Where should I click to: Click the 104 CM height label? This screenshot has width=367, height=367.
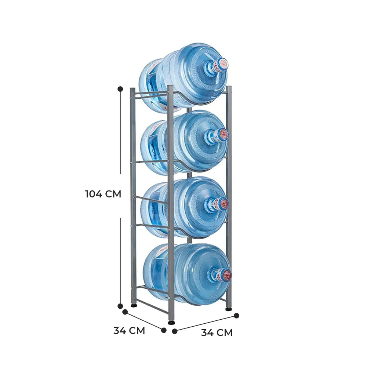pyautogui.click(x=103, y=194)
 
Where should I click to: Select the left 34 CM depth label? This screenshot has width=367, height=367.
pyautogui.click(x=129, y=330)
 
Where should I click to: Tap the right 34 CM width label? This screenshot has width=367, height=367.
pyautogui.click(x=217, y=333)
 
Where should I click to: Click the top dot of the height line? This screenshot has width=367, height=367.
pyautogui.click(x=120, y=89)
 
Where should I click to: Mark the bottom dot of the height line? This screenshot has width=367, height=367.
pyautogui.click(x=120, y=306)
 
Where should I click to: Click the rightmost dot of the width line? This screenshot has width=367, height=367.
pyautogui.click(x=236, y=315)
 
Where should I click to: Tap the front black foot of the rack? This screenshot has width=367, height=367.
pyautogui.click(x=171, y=323)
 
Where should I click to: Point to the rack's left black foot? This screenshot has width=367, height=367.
pyautogui.click(x=134, y=305)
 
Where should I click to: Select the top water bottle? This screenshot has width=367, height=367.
pyautogui.click(x=183, y=77)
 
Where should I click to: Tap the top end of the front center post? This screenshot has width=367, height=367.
pyautogui.click(x=170, y=87)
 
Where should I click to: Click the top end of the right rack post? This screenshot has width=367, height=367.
pyautogui.click(x=229, y=87)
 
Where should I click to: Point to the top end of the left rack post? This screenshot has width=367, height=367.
pyautogui.click(x=132, y=89)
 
